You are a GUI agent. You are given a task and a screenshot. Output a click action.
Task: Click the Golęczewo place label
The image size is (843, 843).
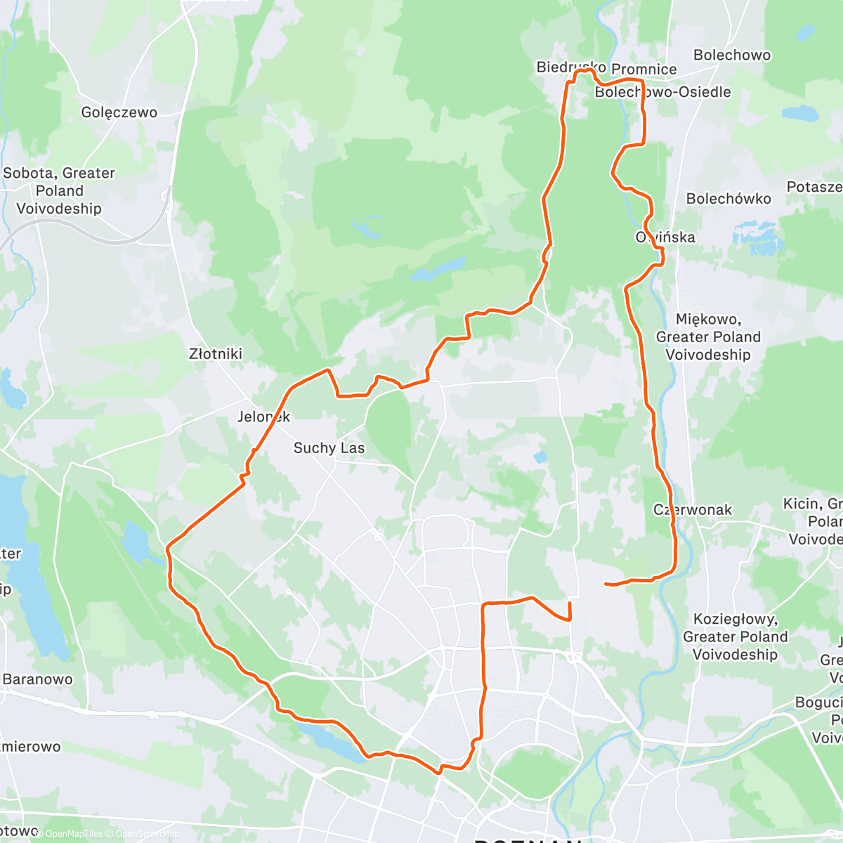119,112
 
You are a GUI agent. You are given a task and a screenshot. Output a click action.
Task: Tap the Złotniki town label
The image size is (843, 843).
216,354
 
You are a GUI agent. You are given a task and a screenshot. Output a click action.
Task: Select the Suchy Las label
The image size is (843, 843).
329,448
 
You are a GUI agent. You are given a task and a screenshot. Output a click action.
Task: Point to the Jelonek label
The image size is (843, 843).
263,417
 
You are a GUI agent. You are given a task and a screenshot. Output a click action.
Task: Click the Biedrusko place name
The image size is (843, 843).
570,67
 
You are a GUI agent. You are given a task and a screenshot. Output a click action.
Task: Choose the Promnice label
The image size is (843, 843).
644,69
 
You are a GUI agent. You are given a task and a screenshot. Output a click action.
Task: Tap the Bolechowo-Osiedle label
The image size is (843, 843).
663,92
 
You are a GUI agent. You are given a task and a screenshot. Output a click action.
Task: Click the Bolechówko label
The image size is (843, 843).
728,199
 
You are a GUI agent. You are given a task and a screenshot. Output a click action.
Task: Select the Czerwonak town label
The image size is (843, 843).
693,510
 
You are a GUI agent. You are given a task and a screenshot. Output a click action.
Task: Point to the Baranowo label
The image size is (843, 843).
38,679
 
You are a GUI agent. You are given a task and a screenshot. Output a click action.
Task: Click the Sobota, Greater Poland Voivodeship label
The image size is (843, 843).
59,190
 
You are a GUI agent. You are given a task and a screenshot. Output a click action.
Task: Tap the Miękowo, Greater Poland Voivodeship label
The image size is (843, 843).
708,337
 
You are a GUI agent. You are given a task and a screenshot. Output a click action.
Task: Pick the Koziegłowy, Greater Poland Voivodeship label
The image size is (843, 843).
736,636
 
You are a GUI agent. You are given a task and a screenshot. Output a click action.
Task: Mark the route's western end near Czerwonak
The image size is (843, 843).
606,584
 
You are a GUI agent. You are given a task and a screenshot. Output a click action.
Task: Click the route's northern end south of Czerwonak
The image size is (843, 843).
569,603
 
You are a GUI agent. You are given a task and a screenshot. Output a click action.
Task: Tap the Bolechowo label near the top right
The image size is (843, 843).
731,55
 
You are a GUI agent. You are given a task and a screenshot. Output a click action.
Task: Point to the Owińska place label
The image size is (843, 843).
665,237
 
